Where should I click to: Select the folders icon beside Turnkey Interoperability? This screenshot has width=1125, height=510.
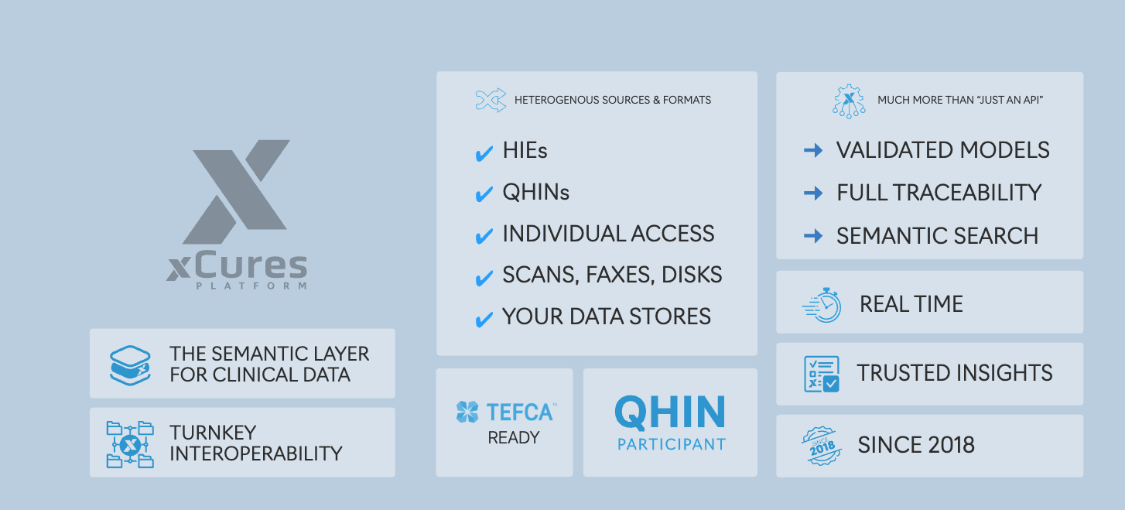click(x=130, y=444)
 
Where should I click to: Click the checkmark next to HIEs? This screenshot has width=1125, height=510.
click(x=484, y=153)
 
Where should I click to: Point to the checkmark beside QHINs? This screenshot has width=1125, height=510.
click(x=484, y=194)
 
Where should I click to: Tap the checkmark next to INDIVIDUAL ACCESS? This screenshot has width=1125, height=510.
click(x=484, y=236)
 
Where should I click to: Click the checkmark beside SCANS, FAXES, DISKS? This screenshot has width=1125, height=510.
click(x=484, y=277)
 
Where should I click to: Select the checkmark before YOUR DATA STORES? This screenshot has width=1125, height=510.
click(x=484, y=319)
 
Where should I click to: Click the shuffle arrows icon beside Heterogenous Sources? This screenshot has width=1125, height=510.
click(x=491, y=101)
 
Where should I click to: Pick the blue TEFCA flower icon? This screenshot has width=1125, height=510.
click(x=467, y=412)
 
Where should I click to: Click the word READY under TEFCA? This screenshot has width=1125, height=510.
click(x=513, y=438)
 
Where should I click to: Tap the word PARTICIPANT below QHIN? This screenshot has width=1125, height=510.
click(x=671, y=445)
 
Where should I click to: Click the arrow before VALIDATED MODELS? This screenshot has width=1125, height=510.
click(x=813, y=151)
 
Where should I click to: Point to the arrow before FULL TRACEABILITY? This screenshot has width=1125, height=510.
click(x=813, y=193)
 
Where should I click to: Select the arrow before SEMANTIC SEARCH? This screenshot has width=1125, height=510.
click(x=813, y=236)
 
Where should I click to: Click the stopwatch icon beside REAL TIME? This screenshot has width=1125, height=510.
click(x=822, y=305)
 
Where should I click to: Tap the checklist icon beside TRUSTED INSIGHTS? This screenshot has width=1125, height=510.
click(x=822, y=374)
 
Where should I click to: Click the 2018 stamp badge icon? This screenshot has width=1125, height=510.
click(x=822, y=446)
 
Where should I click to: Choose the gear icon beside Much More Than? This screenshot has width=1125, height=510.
click(x=849, y=101)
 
